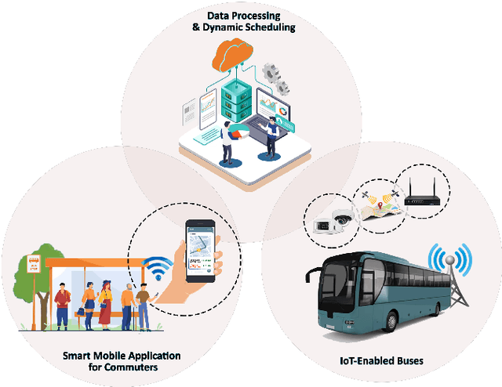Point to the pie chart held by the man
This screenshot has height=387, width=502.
(x=236, y=133)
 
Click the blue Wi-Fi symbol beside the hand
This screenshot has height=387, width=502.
(x=160, y=269)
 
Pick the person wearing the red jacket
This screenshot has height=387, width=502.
(x=63, y=302)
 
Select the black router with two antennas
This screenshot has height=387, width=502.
(x=423, y=198)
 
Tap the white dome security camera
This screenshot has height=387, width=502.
(x=343, y=220)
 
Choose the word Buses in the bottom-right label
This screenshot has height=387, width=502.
(x=408, y=361)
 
